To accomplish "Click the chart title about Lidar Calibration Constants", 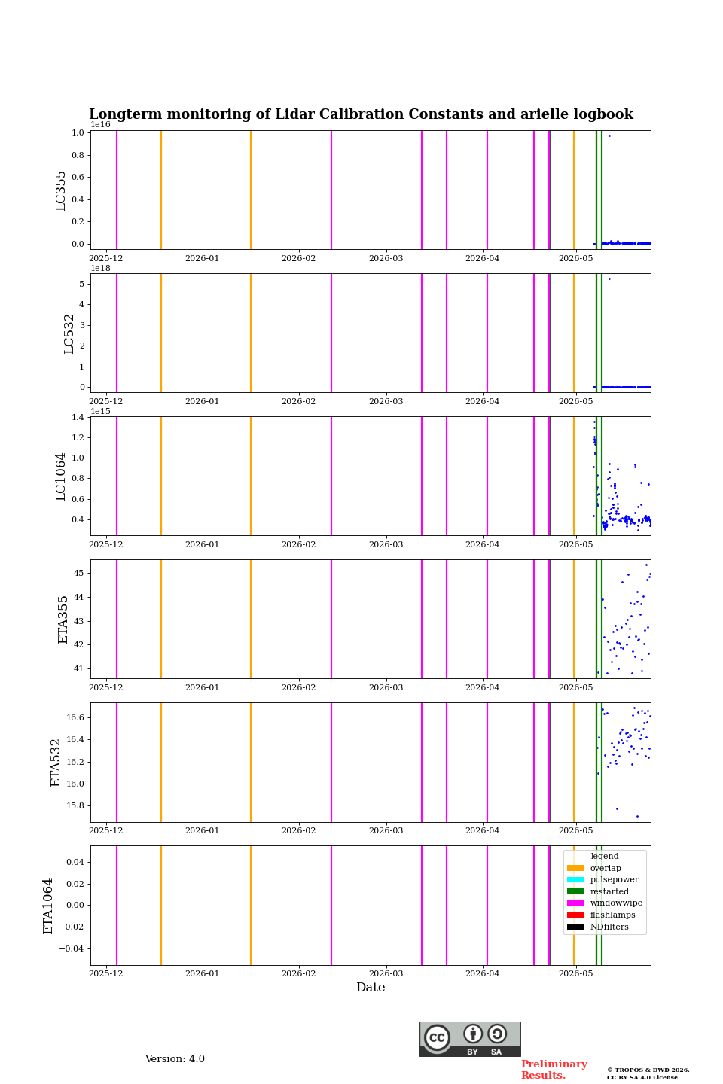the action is point(361,114).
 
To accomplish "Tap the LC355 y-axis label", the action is point(60,190).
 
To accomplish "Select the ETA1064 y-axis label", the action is point(48,906).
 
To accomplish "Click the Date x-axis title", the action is point(371,987).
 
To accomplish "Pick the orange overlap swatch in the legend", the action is point(575,868).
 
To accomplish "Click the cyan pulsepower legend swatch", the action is point(575,880).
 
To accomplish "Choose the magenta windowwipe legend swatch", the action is point(575,903).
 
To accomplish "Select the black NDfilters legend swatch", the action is point(575,927).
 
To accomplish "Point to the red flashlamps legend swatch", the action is point(575,915).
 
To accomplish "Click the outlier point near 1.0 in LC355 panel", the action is point(609,136).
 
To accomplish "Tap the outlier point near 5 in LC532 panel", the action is point(609,279).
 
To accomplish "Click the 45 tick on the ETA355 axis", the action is point(78,573).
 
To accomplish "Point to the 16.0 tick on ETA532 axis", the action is point(75,784).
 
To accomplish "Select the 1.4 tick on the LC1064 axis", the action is point(78,417).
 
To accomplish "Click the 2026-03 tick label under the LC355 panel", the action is point(386,258).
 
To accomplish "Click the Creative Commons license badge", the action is point(470,1039).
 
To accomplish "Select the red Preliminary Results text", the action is point(554,1070).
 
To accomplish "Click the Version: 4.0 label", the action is point(175,1059).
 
